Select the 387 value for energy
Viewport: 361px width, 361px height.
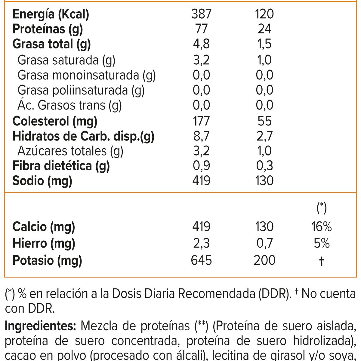(201, 14)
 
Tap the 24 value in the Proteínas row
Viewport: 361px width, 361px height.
(264, 29)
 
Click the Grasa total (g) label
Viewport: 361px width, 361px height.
(51, 45)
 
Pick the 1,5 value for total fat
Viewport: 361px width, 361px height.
(264, 44)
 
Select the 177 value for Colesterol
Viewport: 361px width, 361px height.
(201, 121)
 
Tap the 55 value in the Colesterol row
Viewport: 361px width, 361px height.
(264, 121)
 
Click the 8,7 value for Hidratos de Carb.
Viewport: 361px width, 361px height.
(201, 136)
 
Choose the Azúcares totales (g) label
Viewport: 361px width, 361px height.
(70, 151)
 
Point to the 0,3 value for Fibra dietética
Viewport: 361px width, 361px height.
(264, 166)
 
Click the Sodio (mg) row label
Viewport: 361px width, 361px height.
(42, 181)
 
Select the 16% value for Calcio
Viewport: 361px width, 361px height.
(322, 227)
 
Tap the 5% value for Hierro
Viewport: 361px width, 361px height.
(322, 243)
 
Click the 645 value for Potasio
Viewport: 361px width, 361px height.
(201, 260)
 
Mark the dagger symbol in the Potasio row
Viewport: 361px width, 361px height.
(322, 261)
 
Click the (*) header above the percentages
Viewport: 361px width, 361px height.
(322, 208)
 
